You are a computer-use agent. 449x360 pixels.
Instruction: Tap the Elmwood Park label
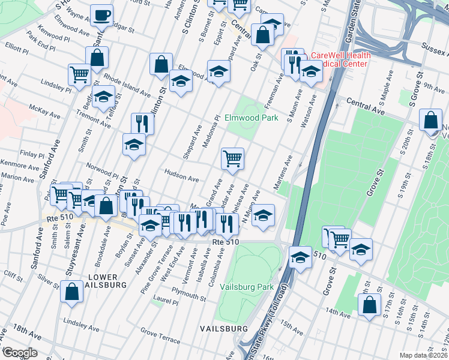tap(252, 118)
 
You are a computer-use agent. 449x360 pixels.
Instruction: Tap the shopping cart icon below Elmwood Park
tap(232, 159)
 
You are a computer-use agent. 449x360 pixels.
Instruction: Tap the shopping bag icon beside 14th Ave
tap(369, 304)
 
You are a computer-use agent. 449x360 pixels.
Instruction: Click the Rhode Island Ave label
tap(127, 85)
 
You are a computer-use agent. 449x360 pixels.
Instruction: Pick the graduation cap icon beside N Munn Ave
tap(262, 214)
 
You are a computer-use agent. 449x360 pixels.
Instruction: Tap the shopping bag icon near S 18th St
tap(431, 120)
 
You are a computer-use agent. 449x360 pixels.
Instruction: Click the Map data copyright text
tap(423, 355)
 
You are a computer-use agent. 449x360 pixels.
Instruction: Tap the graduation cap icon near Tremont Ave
tap(104, 97)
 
